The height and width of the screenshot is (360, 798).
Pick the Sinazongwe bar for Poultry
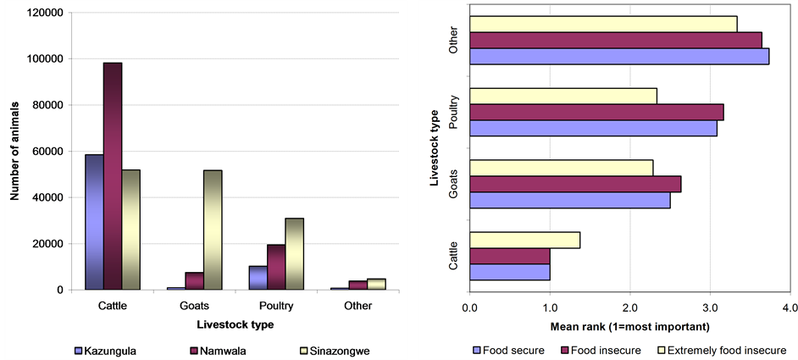click(294, 254)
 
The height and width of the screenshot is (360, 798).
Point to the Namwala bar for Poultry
click(276, 268)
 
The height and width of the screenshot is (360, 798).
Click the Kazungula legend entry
click(108, 349)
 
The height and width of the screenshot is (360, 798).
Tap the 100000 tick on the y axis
click(43, 59)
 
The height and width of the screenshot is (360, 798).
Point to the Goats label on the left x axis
click(194, 306)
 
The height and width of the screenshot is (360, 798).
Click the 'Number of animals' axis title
click(14, 152)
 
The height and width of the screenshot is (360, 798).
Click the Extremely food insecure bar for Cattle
click(524, 240)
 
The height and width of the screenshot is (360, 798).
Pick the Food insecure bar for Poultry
click(596, 112)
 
